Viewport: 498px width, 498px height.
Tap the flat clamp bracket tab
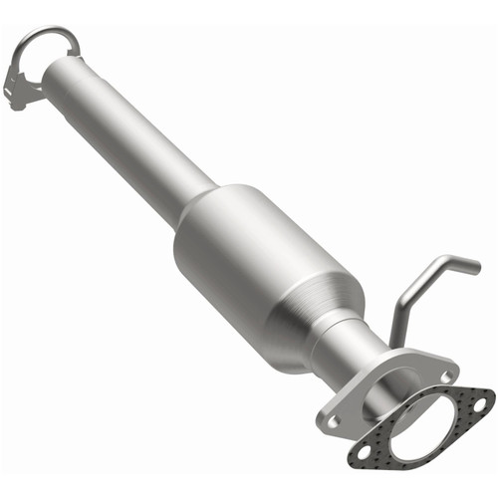(20, 84)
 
